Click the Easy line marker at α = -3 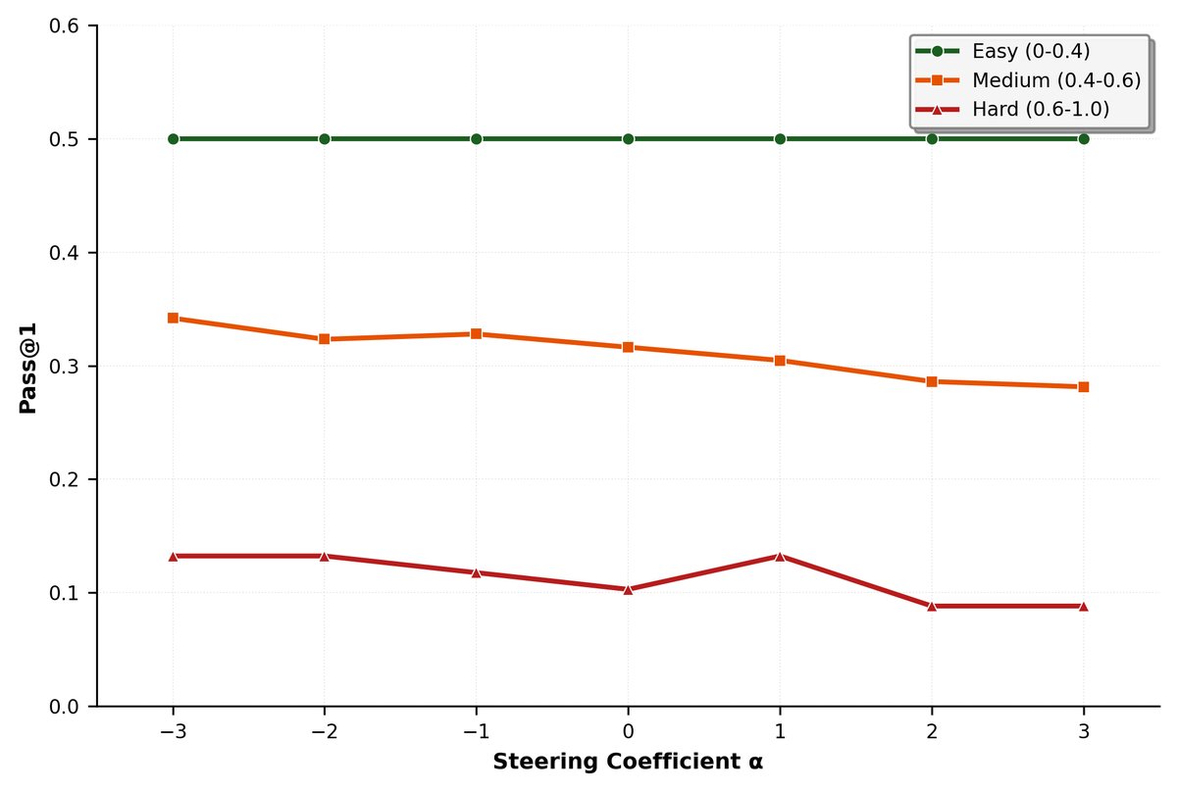click(173, 139)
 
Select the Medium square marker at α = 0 click(628, 347)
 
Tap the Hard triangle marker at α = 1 click(780, 556)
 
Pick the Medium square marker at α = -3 click(173, 318)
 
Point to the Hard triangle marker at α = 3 click(1083, 606)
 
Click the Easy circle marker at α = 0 click(628, 139)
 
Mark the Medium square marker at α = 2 click(932, 381)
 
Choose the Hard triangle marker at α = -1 click(476, 572)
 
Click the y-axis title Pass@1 click(28, 365)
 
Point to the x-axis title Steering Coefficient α click(628, 762)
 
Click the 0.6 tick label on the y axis click(67, 26)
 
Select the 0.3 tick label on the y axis click(67, 367)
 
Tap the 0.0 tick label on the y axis click(67, 706)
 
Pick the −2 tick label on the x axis click(324, 730)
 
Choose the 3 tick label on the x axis click(1083, 730)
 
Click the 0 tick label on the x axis click(628, 730)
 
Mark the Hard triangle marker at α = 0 click(628, 589)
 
